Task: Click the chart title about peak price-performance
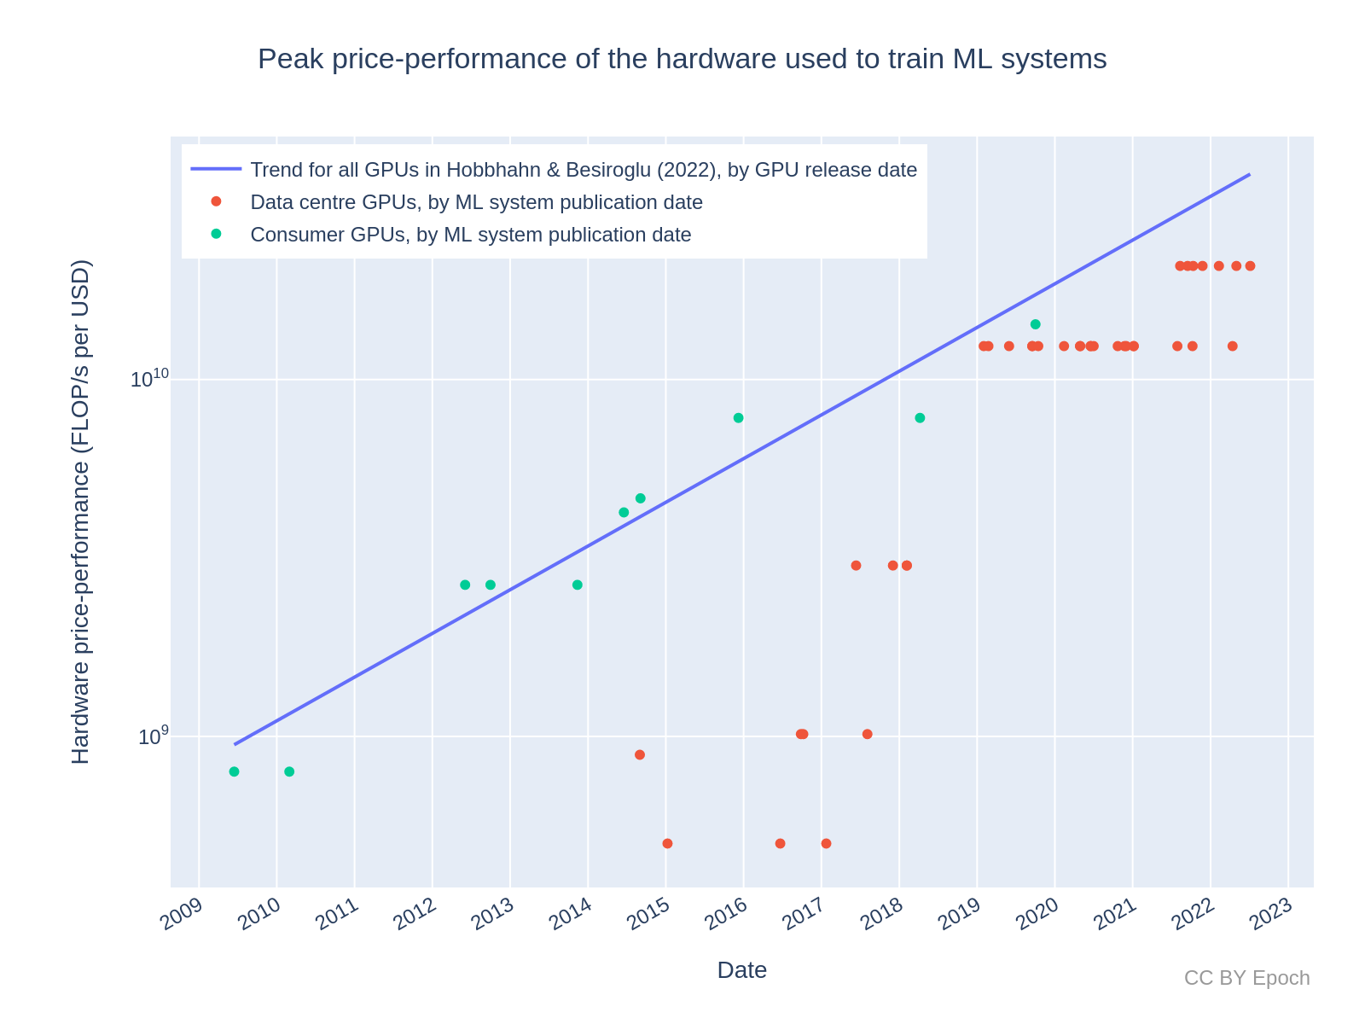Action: click(682, 59)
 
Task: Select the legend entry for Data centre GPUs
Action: click(476, 202)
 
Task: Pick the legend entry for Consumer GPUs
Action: click(470, 235)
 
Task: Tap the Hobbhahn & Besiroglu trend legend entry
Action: click(583, 170)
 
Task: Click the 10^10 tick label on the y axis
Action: click(150, 379)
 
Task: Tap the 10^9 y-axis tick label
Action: click(154, 736)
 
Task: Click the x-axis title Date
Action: click(741, 970)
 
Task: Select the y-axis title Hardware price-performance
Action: click(80, 512)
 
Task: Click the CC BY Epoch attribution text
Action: click(1246, 978)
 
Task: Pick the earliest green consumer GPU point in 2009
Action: click(234, 771)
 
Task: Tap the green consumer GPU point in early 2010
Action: click(289, 771)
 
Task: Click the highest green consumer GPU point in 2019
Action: click(1035, 324)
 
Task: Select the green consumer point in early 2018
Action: click(920, 418)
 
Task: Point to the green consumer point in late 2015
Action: click(738, 418)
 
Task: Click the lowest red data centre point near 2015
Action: click(667, 843)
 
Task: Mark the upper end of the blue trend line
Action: click(1249, 175)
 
